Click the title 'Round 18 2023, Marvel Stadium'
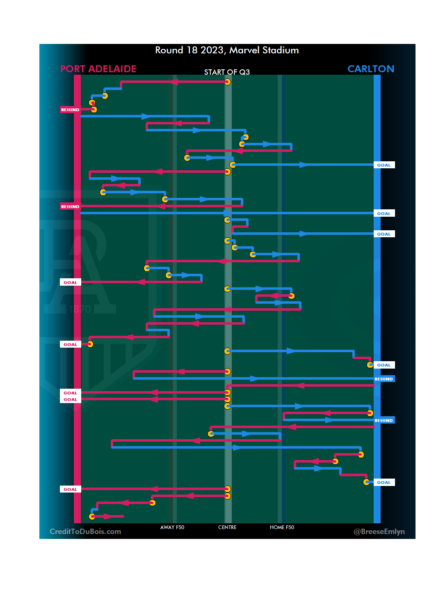point(227,50)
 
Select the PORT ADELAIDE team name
point(98,69)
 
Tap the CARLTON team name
point(370,69)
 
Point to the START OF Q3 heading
point(227,72)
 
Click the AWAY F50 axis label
point(172,527)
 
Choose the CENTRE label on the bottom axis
point(227,527)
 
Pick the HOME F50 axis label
point(282,527)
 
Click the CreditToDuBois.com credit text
point(85,532)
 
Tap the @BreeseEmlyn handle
point(379,532)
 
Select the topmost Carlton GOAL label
point(384,165)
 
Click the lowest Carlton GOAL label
point(384,483)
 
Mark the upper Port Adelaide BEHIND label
point(70,110)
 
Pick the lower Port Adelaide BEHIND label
point(70,206)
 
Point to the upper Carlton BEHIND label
point(384,379)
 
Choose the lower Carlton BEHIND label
point(384,420)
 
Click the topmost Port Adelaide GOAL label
point(70,282)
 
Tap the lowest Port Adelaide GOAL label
point(70,489)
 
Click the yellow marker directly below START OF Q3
point(227,82)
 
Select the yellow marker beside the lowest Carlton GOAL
point(366,482)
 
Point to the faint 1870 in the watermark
point(80,309)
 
